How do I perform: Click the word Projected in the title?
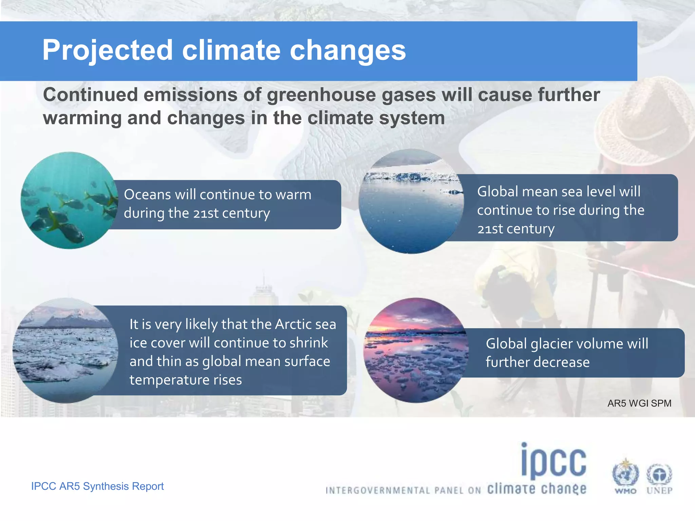click(108, 50)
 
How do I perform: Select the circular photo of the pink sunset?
click(416, 350)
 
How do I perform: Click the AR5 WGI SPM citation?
click(639, 403)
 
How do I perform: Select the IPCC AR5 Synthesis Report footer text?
click(97, 486)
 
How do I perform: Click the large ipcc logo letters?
click(553, 461)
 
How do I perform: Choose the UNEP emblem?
click(659, 477)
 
